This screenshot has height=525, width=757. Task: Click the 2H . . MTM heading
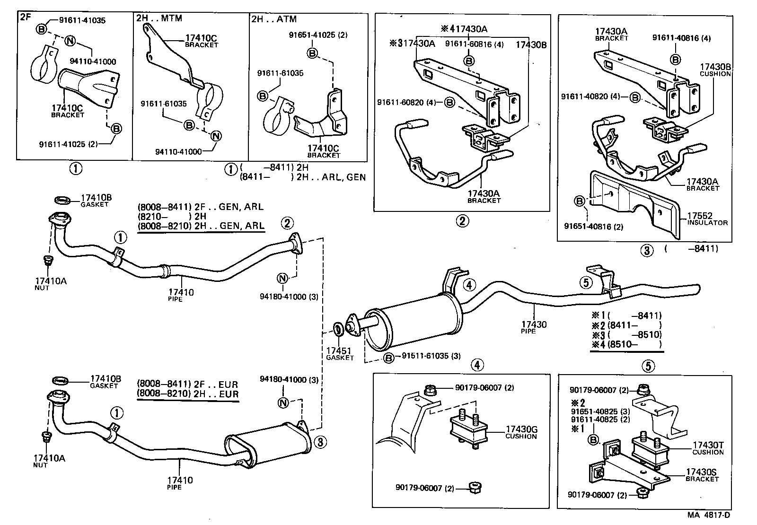[159, 18]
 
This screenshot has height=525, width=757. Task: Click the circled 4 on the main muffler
[468, 285]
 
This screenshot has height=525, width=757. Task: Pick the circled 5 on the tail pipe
[586, 282]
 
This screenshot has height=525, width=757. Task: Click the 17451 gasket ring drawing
[339, 329]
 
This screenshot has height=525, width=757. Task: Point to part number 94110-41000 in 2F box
[92, 61]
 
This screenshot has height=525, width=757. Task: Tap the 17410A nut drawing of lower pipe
[46, 437]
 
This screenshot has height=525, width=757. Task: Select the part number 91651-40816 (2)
[593, 227]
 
